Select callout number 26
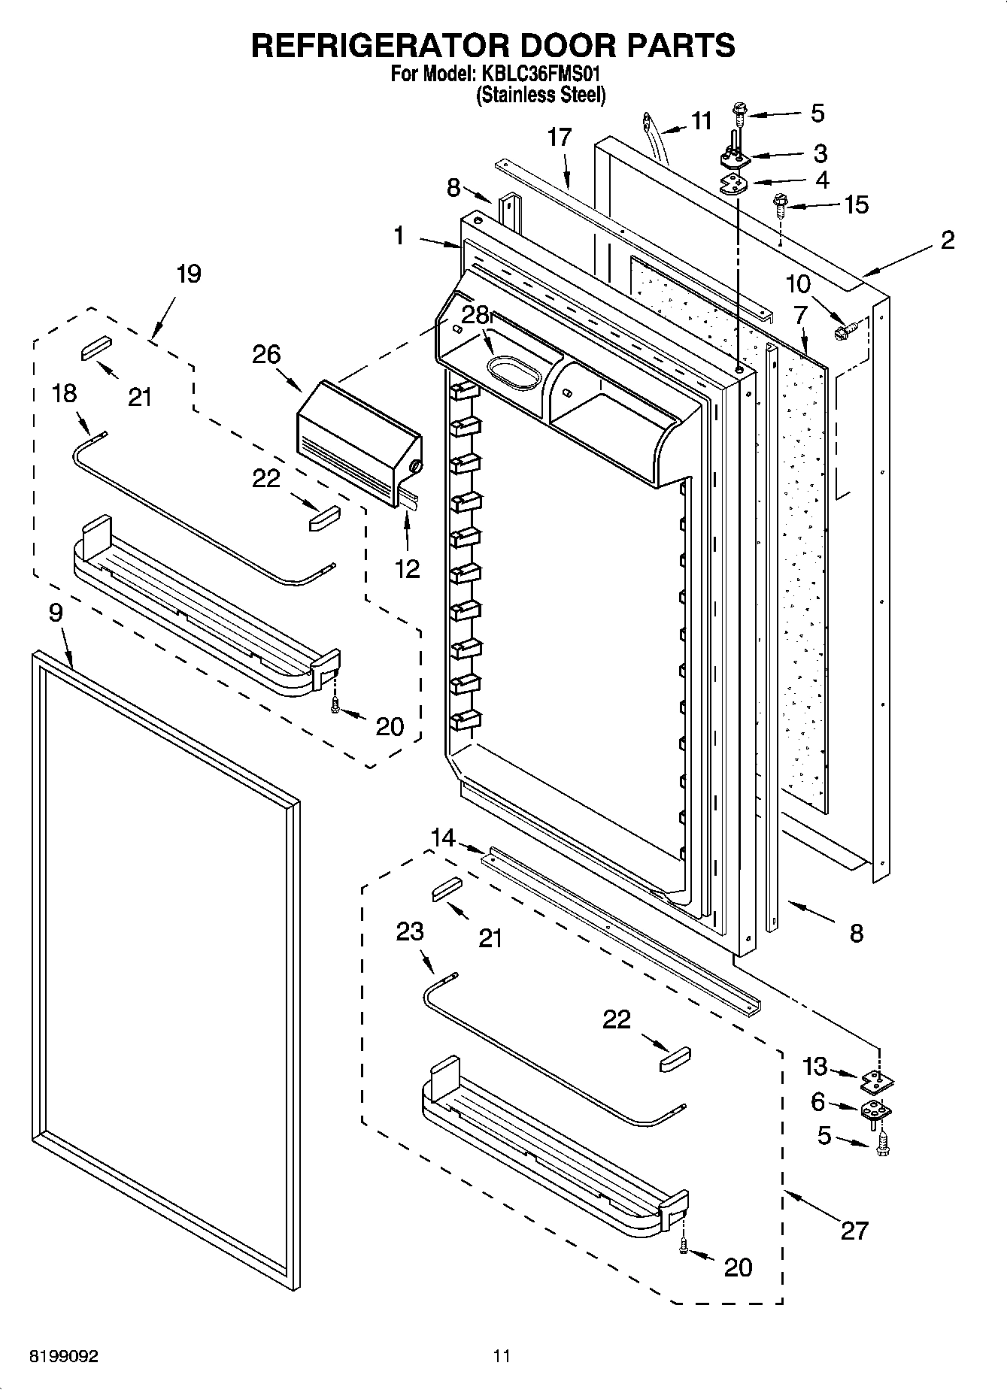click(x=266, y=354)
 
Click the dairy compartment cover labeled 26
click(x=359, y=441)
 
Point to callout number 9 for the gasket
click(x=56, y=613)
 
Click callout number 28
click(x=475, y=315)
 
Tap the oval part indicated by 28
click(x=514, y=373)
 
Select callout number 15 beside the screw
click(x=857, y=204)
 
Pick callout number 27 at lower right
click(x=854, y=1231)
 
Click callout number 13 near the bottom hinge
click(x=814, y=1066)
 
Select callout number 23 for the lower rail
click(x=411, y=931)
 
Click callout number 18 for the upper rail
click(x=65, y=392)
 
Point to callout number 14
click(x=444, y=837)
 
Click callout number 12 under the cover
click(x=408, y=568)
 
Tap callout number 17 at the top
click(x=560, y=138)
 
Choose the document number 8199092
click(x=63, y=1357)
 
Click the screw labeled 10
click(x=840, y=329)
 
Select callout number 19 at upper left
click(x=188, y=274)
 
